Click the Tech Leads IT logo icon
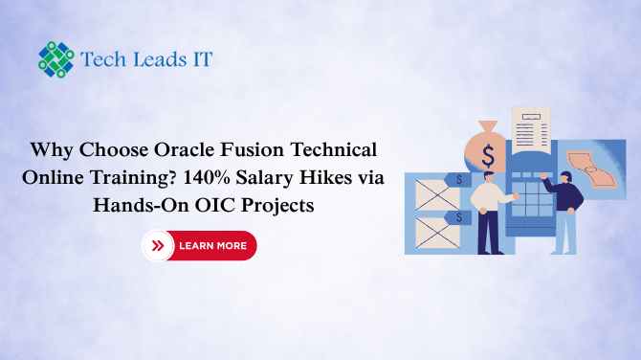[55, 58]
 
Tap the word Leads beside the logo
[156, 58]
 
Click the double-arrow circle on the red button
[158, 246]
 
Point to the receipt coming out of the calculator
[530, 129]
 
